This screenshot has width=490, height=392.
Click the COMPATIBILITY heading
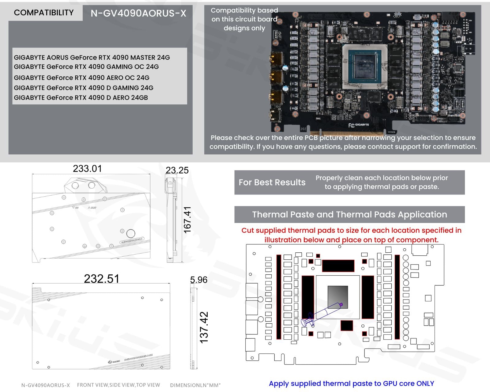tap(44, 13)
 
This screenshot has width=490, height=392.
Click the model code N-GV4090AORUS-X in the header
tap(138, 13)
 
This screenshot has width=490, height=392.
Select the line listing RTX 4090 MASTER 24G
tap(92, 57)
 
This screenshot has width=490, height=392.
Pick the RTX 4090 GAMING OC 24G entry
tap(86, 67)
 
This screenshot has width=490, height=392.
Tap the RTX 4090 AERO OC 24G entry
tap(82, 77)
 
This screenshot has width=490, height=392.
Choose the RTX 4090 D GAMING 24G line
tap(84, 88)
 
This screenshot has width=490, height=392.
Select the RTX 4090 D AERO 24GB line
tap(81, 98)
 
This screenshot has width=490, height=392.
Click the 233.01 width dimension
tap(87, 169)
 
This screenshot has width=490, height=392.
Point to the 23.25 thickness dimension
tap(177, 170)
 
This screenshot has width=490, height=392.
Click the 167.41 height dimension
tap(187, 220)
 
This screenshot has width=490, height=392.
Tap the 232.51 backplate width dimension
tap(102, 279)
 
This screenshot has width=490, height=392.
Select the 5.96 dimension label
tap(198, 280)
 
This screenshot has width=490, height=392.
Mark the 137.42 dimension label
tap(204, 327)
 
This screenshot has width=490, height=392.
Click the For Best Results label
tap(272, 183)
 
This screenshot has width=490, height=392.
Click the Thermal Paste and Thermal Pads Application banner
tap(349, 214)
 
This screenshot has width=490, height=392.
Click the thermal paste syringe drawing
tap(322, 314)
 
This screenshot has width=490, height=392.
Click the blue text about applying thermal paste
tap(351, 383)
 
